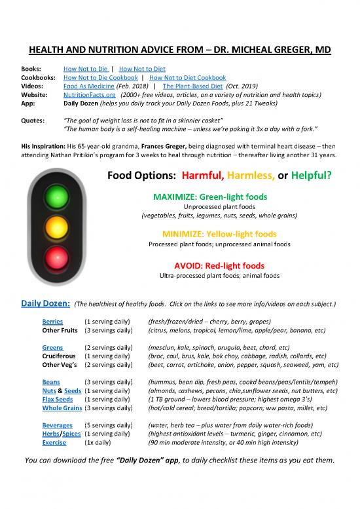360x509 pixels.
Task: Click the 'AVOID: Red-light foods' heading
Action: (220, 266)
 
